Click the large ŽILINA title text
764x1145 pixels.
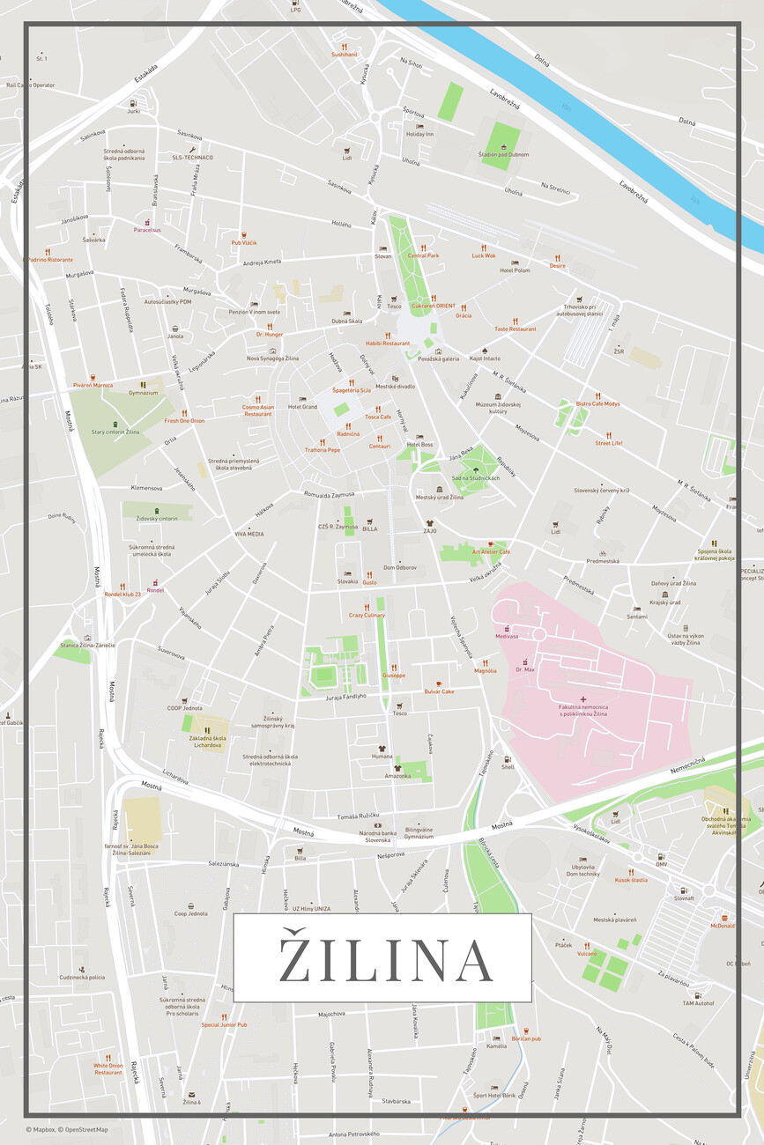[382, 958]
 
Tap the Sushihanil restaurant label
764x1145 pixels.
[345, 55]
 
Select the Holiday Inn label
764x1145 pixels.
[419, 134]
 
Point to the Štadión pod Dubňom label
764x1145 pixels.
[504, 154]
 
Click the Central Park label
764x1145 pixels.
[423, 255]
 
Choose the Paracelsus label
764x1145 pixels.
[147, 230]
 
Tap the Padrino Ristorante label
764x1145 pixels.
[50, 260]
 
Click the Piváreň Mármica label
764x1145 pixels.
[93, 385]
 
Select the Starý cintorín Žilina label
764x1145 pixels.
[115, 432]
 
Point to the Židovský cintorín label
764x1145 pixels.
[156, 519]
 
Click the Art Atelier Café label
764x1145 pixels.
[491, 551]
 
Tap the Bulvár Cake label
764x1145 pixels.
[439, 691]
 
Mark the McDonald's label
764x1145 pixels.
[723, 926]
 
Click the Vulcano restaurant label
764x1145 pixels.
[587, 953]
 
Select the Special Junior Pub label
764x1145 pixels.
[224, 1024]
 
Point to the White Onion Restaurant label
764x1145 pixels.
[108, 1068]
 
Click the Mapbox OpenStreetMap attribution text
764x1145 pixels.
[67, 1129]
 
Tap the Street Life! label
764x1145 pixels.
[608, 443]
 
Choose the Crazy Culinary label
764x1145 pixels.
[367, 615]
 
